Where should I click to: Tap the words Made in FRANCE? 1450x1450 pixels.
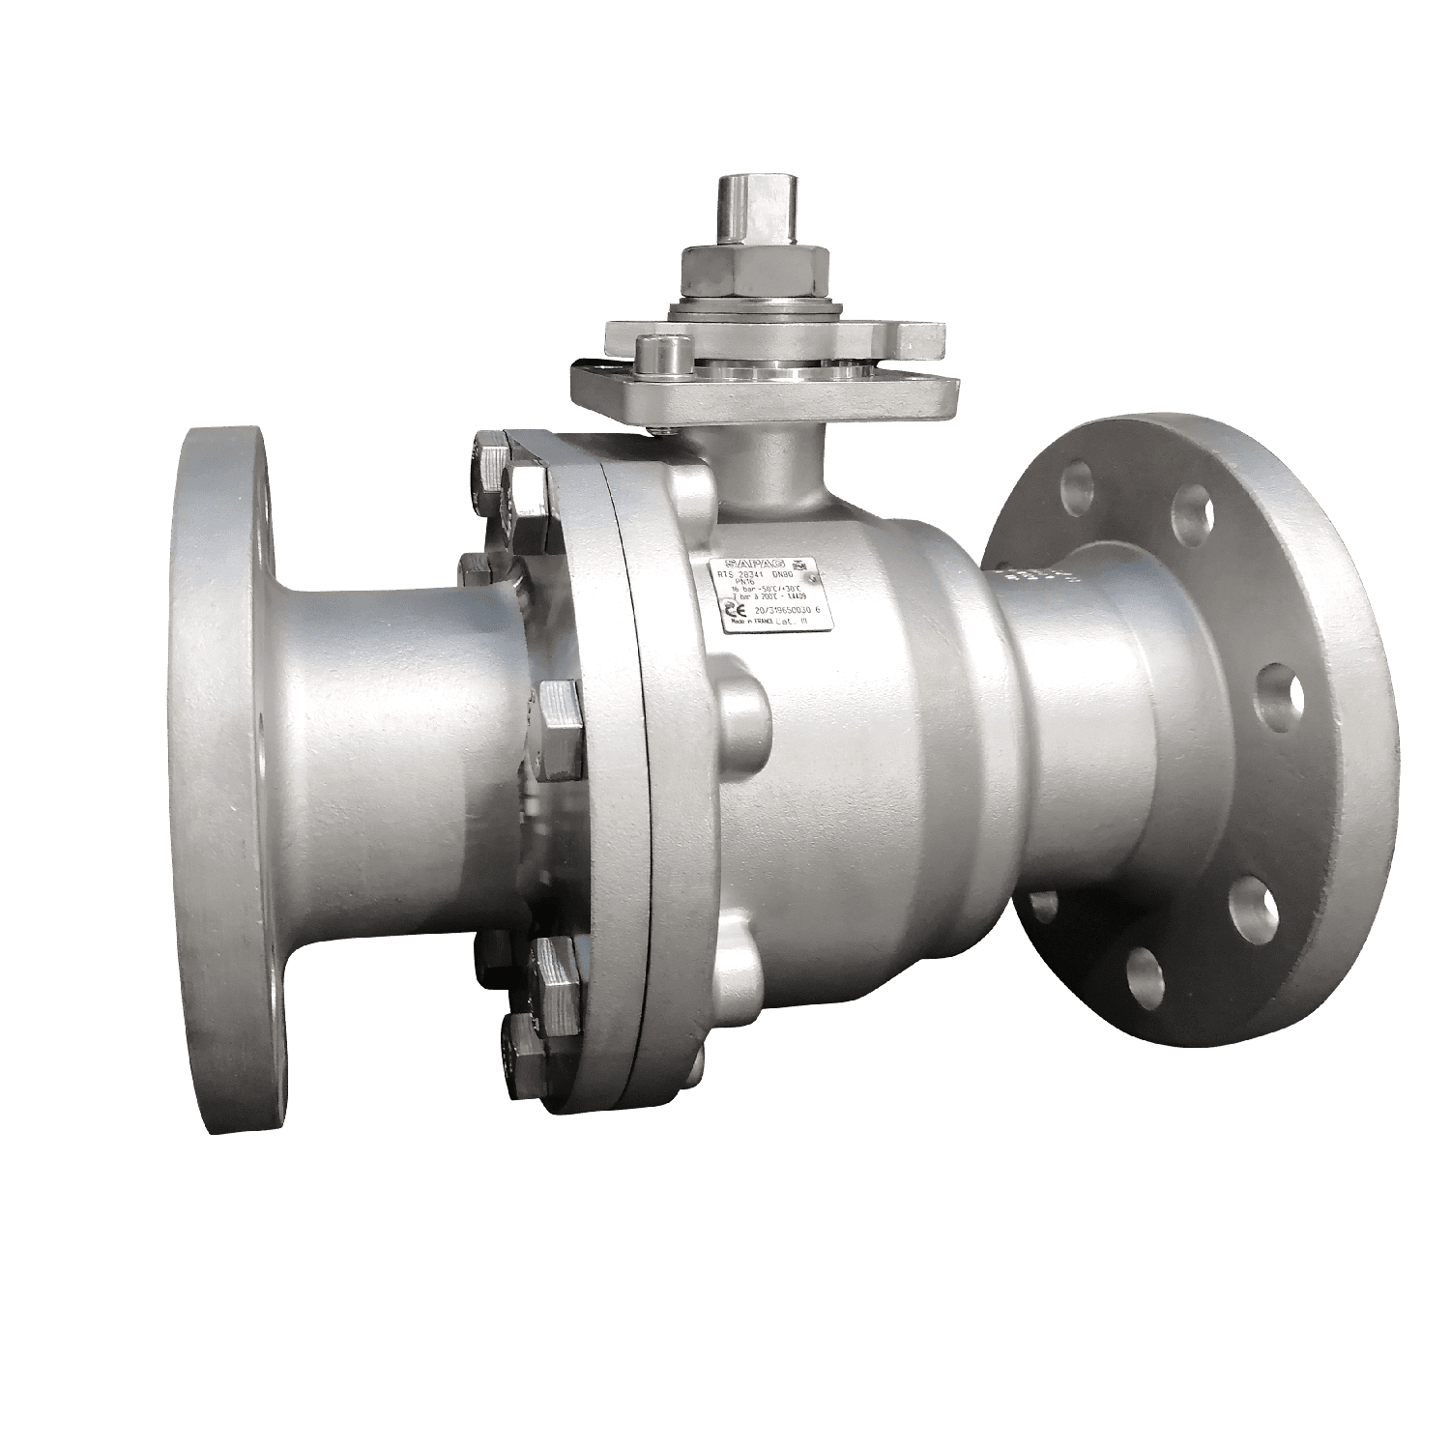tap(752, 626)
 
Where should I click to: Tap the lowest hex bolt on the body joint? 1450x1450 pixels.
tap(527, 1049)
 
